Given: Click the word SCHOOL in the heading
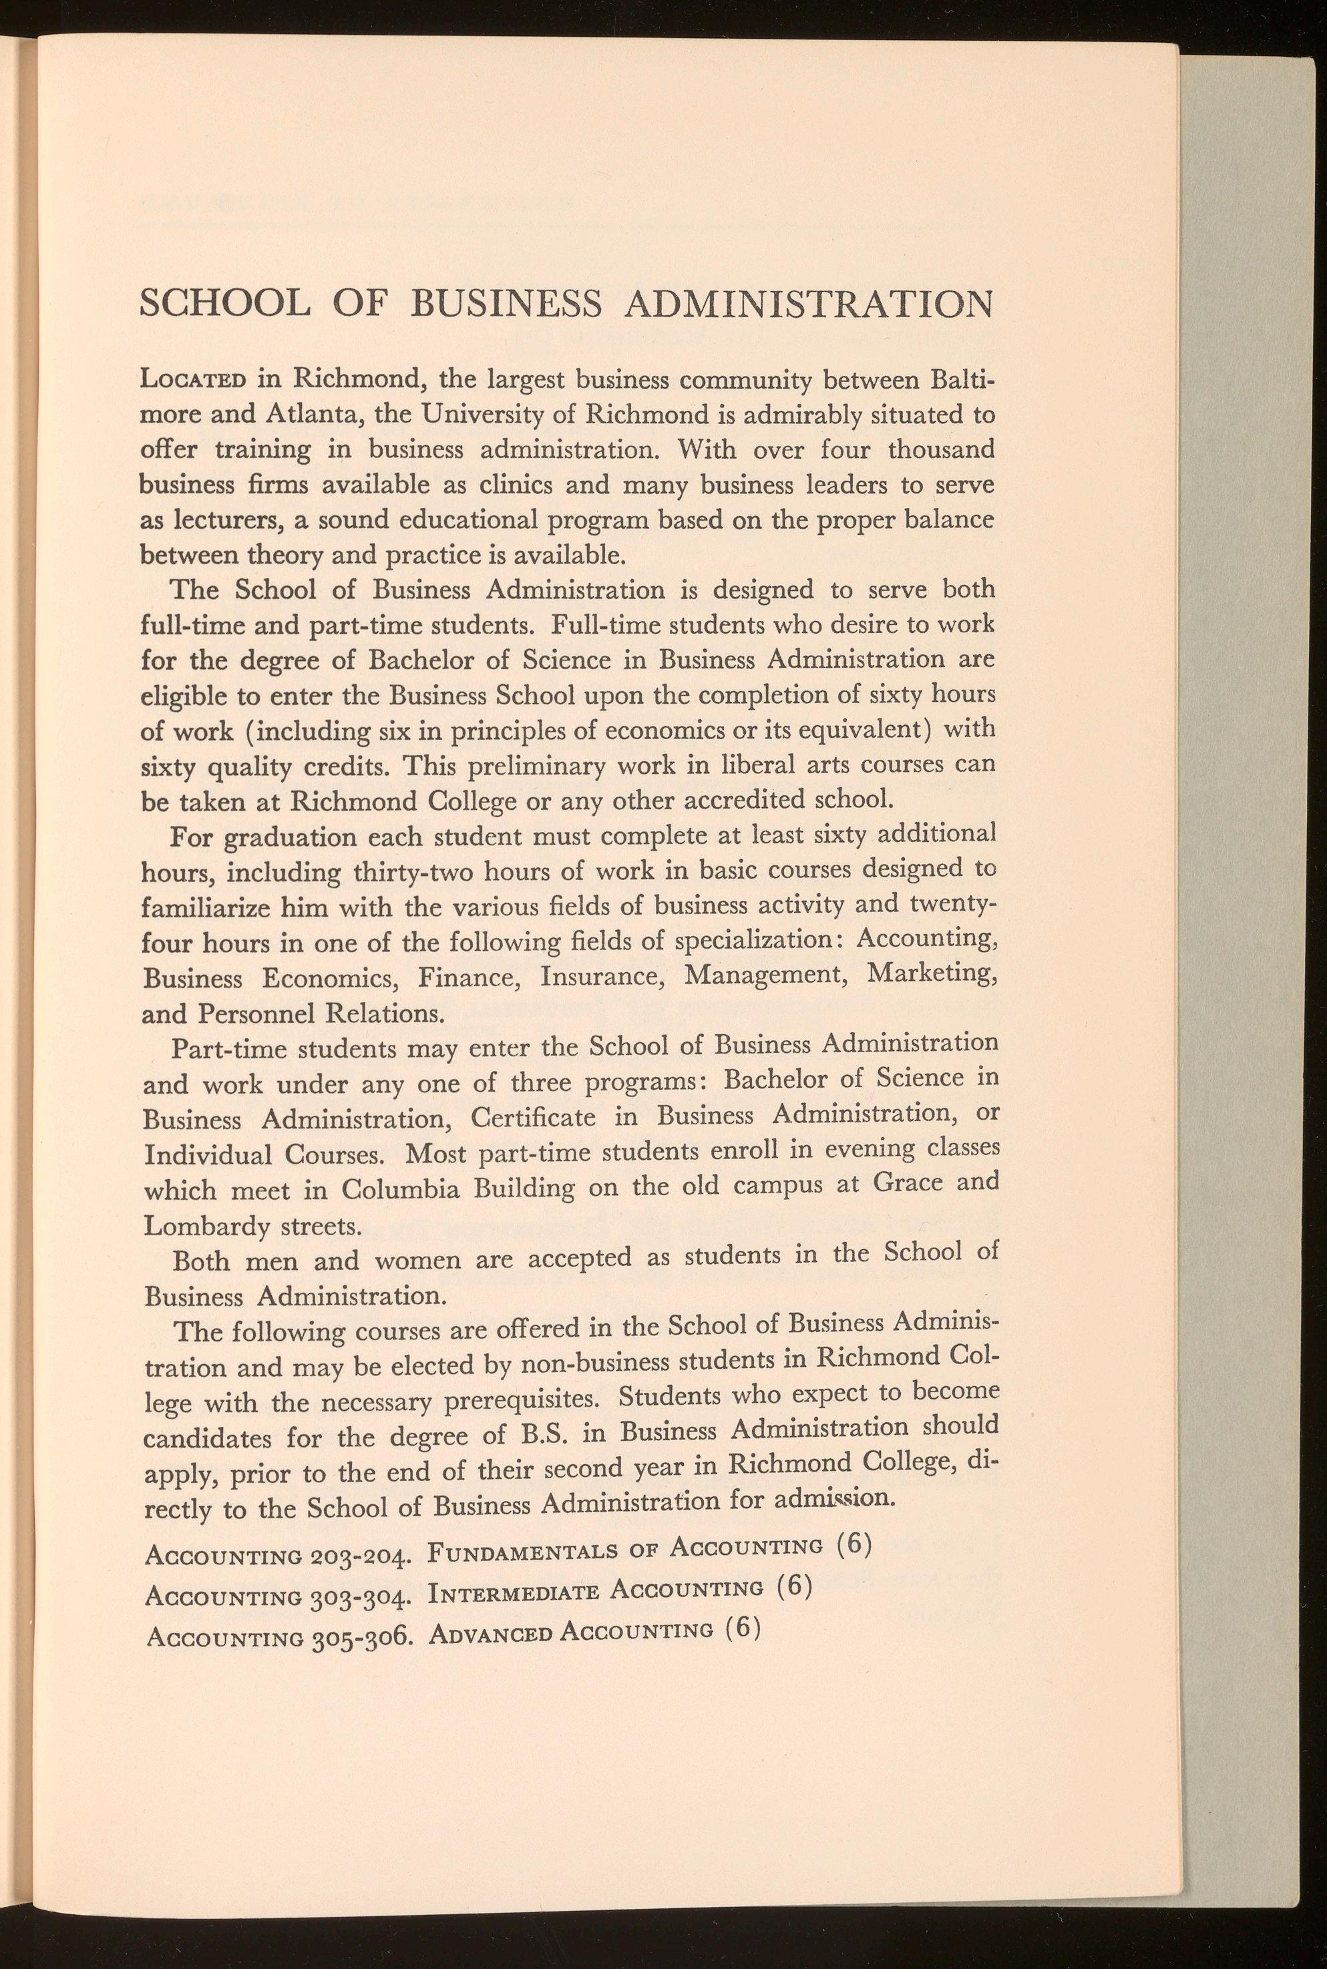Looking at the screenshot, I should pyautogui.click(x=224, y=304).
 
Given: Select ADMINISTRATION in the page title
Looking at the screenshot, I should pyautogui.click(x=808, y=304).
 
